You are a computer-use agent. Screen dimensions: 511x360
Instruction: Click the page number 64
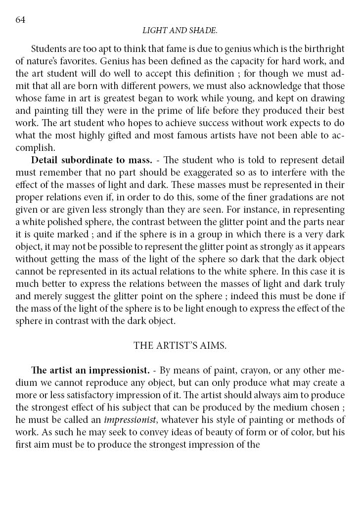(20, 19)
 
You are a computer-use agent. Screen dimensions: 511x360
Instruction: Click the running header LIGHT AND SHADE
(180, 31)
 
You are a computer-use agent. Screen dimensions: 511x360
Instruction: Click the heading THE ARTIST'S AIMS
(180, 346)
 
